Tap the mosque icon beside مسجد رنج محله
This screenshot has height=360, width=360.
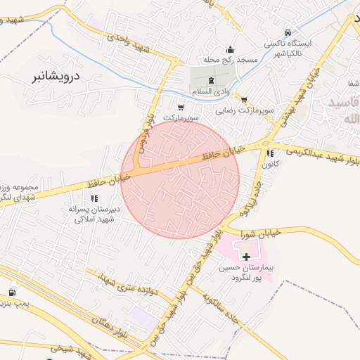click(x=230, y=50)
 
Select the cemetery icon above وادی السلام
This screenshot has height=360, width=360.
click(x=212, y=82)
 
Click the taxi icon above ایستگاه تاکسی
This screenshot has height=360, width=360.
click(x=288, y=32)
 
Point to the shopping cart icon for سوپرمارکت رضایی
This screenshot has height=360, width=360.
click(x=244, y=99)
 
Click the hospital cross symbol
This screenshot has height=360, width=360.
click(x=246, y=257)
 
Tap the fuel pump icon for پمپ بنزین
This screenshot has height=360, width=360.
click(x=12, y=292)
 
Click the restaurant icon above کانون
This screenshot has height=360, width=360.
click(x=270, y=153)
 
